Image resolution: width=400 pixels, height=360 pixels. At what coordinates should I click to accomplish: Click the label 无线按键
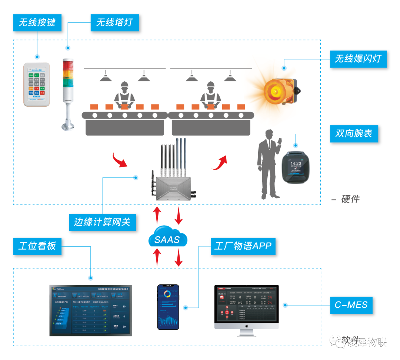(37, 22)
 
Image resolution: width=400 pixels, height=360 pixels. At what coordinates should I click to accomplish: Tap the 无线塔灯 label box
(114, 23)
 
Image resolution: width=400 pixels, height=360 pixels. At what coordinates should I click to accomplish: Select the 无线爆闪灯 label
(358, 59)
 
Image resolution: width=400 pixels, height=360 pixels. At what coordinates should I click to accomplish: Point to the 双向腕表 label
(354, 133)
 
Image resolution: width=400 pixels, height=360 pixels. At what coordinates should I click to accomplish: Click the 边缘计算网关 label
(102, 222)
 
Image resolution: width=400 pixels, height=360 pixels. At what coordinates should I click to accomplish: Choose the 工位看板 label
(37, 246)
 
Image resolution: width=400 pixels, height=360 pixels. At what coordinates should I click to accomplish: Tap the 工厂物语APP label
(243, 246)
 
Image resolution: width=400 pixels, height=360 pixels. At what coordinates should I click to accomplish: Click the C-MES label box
(351, 305)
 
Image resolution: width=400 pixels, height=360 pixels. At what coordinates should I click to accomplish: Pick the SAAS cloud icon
(167, 239)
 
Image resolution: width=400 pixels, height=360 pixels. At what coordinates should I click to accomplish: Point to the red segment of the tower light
(67, 63)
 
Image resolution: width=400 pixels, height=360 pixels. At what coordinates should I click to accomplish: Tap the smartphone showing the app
(168, 307)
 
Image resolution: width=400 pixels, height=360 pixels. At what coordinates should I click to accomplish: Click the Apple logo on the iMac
(247, 325)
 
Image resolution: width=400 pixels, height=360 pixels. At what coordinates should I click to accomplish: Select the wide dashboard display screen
(90, 310)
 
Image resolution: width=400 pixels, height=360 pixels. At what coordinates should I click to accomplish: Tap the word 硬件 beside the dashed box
(350, 199)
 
